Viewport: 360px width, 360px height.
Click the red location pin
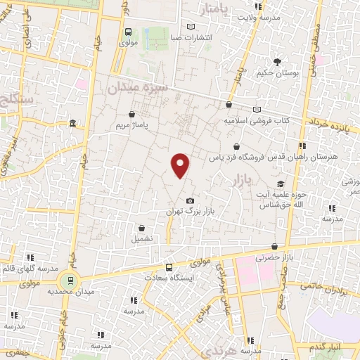[181, 164]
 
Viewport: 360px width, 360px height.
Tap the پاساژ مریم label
[133, 126]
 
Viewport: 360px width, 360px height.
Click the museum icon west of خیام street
[73, 124]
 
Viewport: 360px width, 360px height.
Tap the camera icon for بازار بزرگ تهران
[189, 201]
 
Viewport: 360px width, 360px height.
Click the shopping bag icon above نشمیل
[143, 228]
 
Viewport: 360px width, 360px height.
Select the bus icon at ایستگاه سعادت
[168, 267]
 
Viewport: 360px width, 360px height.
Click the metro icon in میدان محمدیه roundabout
[69, 279]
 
